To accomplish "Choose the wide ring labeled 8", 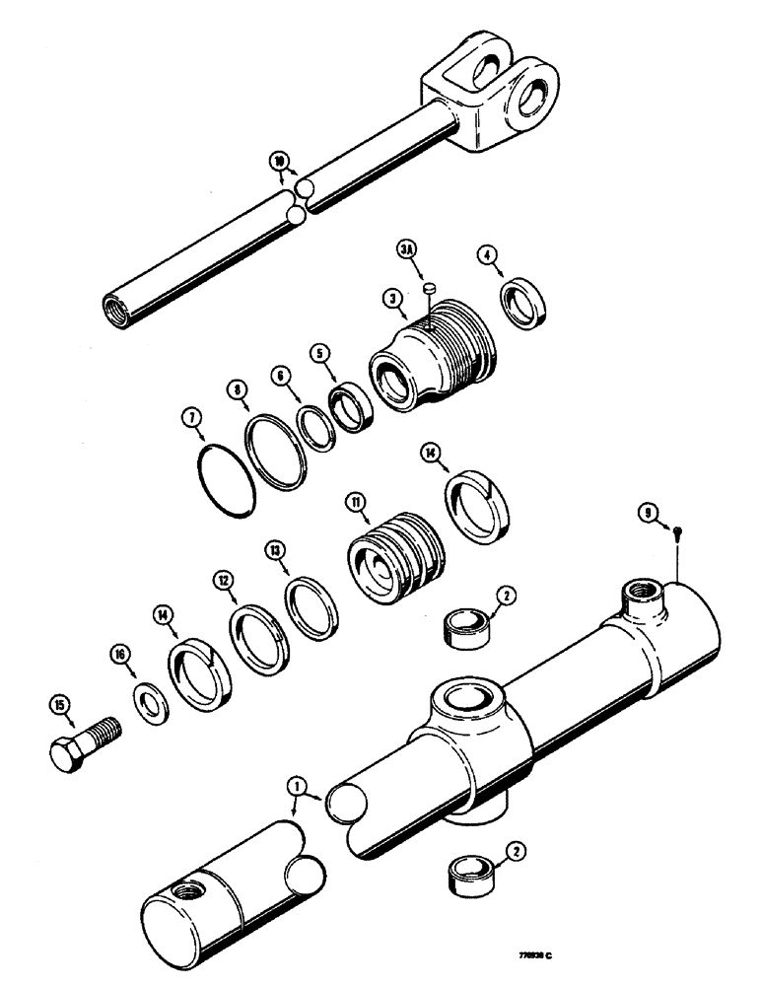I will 277,450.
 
